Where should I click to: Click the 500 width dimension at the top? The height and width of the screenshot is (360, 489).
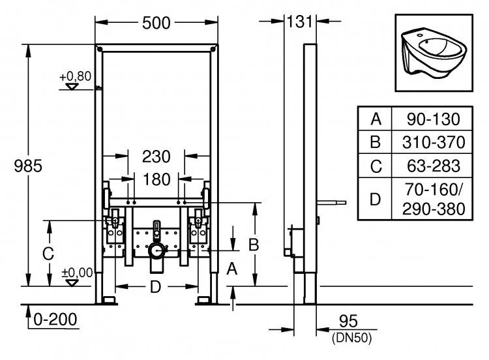(156, 23)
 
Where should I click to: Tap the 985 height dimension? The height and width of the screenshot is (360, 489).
(28, 166)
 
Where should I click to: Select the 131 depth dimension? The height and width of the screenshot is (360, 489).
(299, 22)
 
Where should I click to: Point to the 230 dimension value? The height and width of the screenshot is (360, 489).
(156, 157)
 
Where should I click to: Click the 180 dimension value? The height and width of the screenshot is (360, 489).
(156, 179)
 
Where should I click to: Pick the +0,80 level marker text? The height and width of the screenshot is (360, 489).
(76, 76)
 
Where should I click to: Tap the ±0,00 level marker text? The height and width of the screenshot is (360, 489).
(78, 273)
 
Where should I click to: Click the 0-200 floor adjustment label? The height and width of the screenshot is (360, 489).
(55, 320)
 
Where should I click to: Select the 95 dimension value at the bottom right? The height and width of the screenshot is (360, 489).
(348, 321)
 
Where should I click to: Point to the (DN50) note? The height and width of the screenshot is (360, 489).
(352, 338)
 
